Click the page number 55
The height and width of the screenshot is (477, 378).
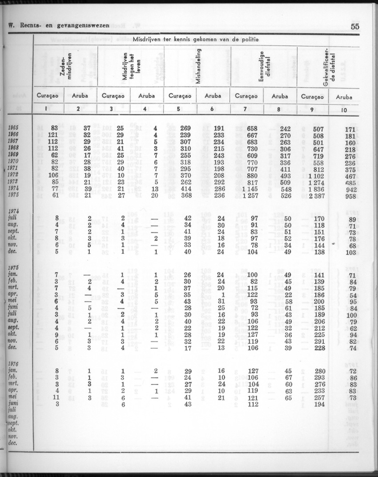pyautogui.click(x=354, y=26)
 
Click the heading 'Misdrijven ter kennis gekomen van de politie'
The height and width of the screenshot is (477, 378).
pyautogui.click(x=196, y=40)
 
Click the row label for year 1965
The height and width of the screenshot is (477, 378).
pyautogui.click(x=12, y=128)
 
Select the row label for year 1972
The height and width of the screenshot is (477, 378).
pyautogui.click(x=12, y=175)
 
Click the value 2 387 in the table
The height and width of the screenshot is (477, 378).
pyautogui.click(x=323, y=195)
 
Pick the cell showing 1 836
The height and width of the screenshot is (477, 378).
pyautogui.click(x=323, y=189)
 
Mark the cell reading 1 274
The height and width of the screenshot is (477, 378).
pyautogui.click(x=323, y=182)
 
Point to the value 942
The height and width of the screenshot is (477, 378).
pyautogui.click(x=351, y=189)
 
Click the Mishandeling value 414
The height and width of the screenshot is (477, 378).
pyautogui.click(x=185, y=189)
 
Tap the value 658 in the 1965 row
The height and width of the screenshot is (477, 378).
pyautogui.click(x=252, y=129)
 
